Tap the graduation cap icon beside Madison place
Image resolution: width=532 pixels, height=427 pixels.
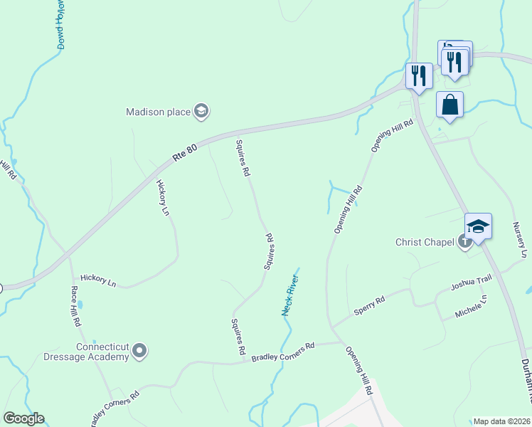202,111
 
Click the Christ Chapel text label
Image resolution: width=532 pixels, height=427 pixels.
425,242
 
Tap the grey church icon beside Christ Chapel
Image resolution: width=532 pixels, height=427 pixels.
465,242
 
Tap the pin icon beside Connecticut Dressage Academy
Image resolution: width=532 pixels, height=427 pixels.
139,351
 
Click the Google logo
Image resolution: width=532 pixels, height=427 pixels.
23,418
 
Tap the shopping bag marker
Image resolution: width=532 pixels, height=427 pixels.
449,105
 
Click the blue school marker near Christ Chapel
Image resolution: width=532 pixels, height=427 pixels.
479,226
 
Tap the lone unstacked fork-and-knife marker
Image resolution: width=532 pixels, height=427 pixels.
418,75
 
